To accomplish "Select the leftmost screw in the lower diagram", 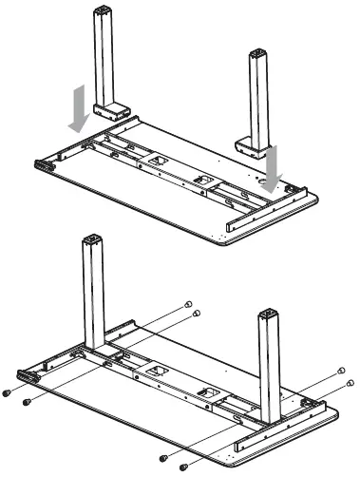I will coord(9,391).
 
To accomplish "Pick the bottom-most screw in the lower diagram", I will coord(184,466).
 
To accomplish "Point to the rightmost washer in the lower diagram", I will coord(351,383).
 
